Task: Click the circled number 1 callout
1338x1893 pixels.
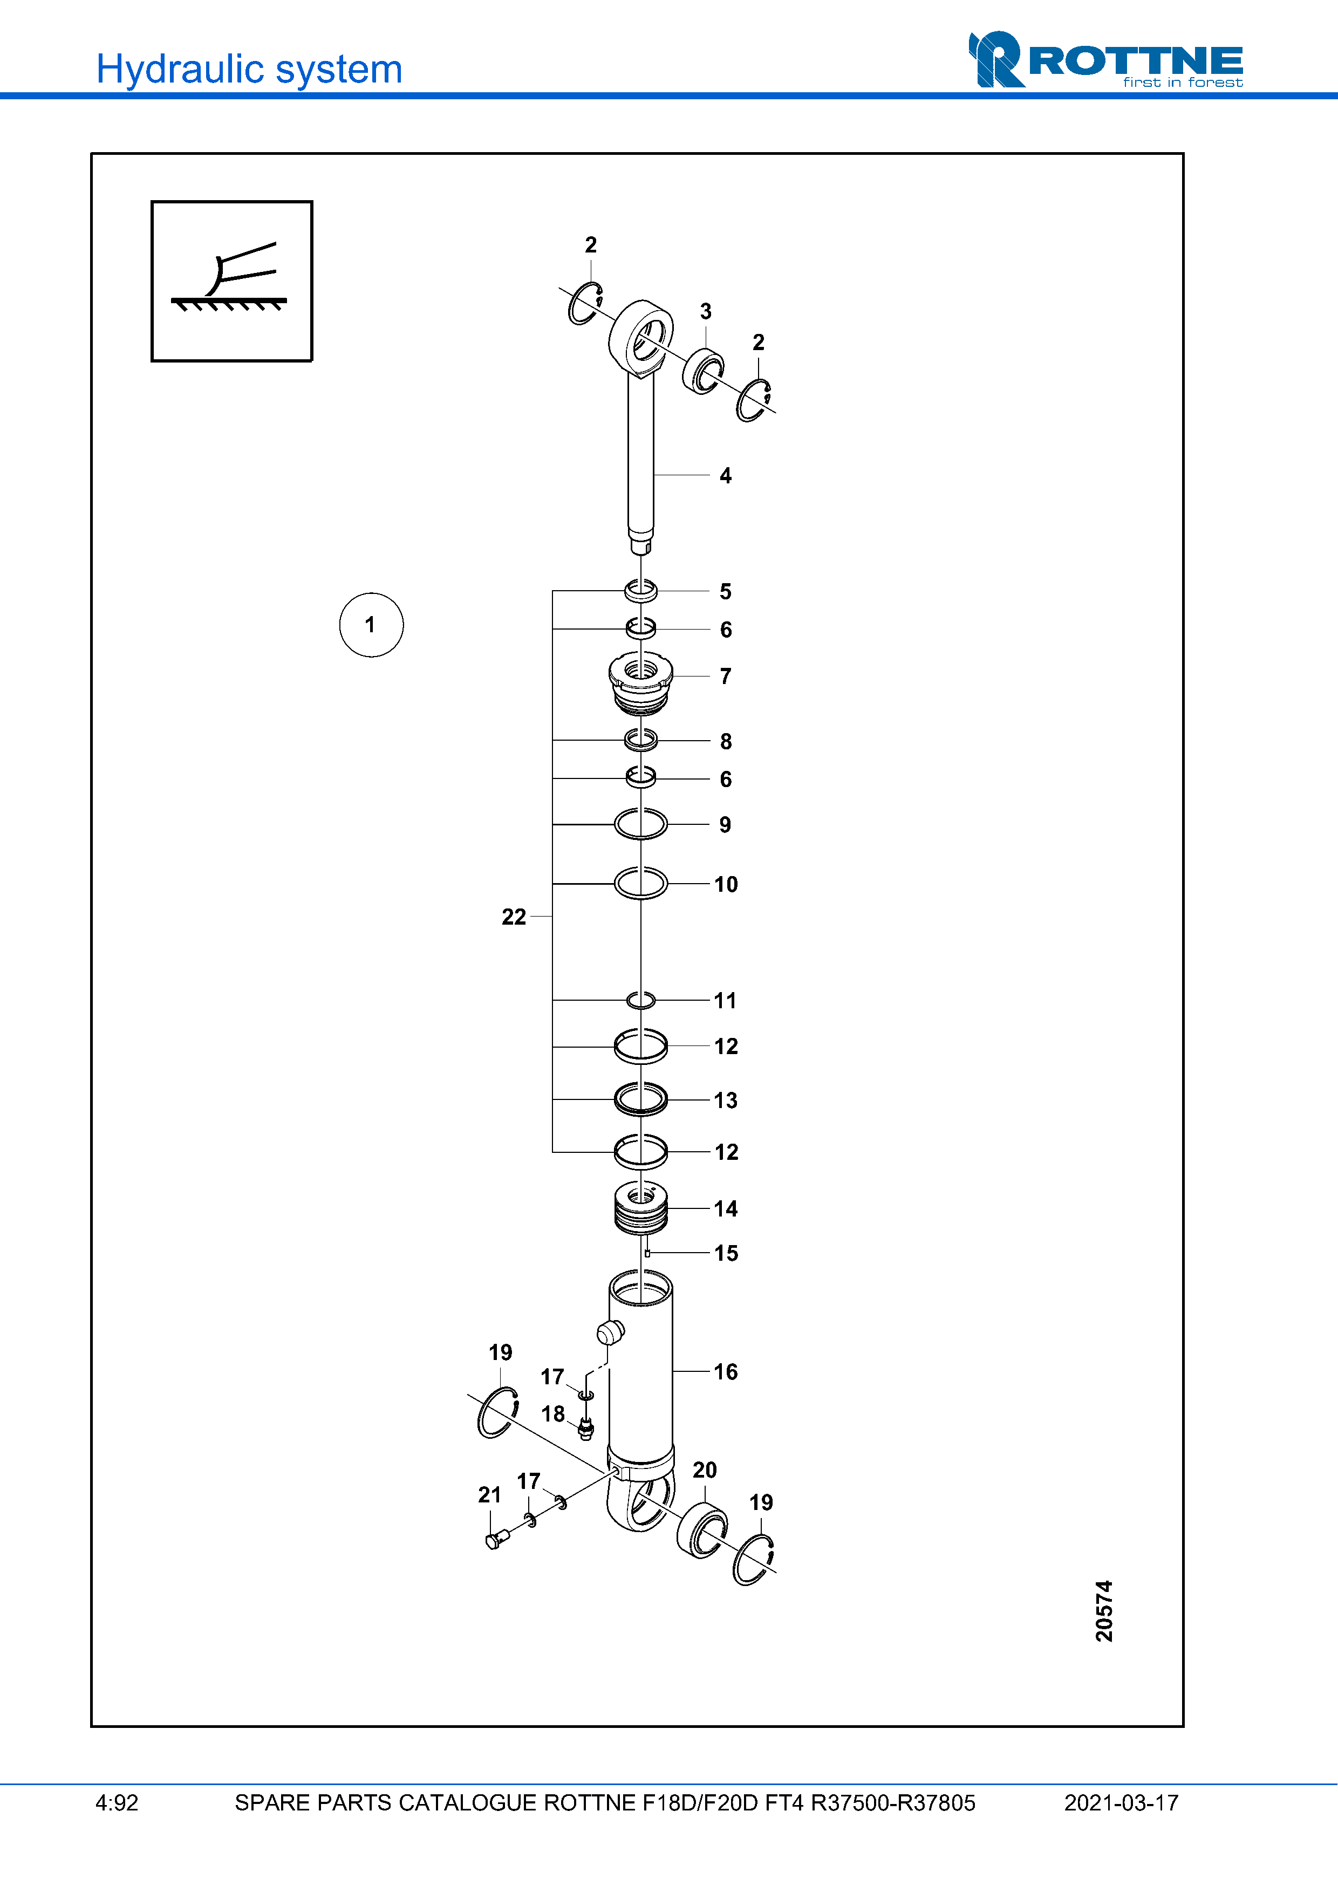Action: [x=371, y=625]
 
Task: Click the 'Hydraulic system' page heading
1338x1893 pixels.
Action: [x=249, y=69]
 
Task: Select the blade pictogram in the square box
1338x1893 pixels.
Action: [x=231, y=281]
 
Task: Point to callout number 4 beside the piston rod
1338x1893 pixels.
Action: [x=726, y=476]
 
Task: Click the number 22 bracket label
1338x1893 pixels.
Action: [x=514, y=917]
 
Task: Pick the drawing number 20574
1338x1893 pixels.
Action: [x=1104, y=1610]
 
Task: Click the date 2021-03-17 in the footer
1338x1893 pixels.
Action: [x=1121, y=1803]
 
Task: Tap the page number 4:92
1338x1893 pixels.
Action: [x=117, y=1803]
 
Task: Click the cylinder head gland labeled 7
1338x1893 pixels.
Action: [x=640, y=681]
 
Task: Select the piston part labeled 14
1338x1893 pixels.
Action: [x=640, y=1209]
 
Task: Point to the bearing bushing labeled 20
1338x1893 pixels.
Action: [x=701, y=1530]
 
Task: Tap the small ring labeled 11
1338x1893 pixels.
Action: [x=640, y=1000]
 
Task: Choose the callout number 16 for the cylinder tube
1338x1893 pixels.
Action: [x=726, y=1372]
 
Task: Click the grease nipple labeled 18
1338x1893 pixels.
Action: [x=586, y=1429]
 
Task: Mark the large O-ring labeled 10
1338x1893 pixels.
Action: [x=640, y=884]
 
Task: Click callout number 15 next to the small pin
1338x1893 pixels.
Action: [x=726, y=1253]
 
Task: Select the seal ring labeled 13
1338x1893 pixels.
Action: [x=640, y=1099]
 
